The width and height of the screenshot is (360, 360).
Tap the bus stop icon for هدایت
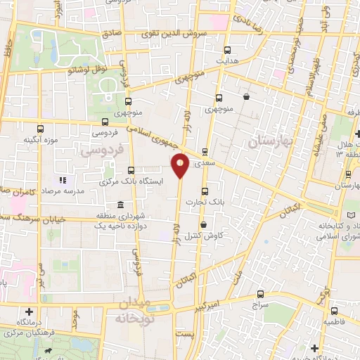coord(226,50)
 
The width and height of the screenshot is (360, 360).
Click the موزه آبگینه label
coord(39,140)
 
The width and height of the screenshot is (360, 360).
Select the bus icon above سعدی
coord(205,151)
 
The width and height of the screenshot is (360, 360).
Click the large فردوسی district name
coord(101,150)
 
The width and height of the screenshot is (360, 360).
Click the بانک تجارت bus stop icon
coord(205,190)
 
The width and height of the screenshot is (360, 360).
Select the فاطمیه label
coord(334,321)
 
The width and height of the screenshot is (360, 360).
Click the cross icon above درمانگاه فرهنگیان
coord(28,311)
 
